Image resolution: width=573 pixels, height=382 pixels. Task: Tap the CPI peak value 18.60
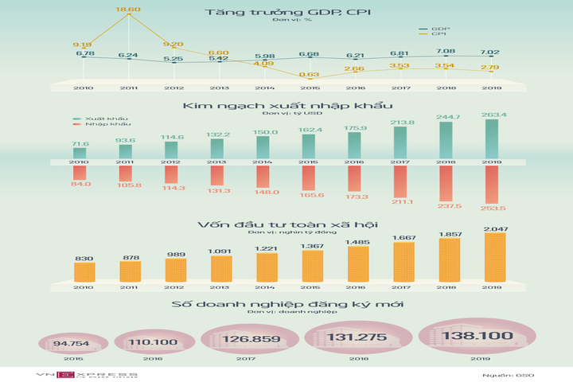point(128,10)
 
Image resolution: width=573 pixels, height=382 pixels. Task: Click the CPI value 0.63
point(310,75)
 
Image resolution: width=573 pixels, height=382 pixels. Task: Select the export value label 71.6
point(80,144)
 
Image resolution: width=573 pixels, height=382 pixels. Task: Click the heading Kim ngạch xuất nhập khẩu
point(286,105)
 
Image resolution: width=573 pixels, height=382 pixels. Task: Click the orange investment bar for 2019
point(495,256)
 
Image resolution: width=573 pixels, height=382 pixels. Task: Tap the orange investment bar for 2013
point(222,268)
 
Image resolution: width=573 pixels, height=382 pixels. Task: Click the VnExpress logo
point(87,374)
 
